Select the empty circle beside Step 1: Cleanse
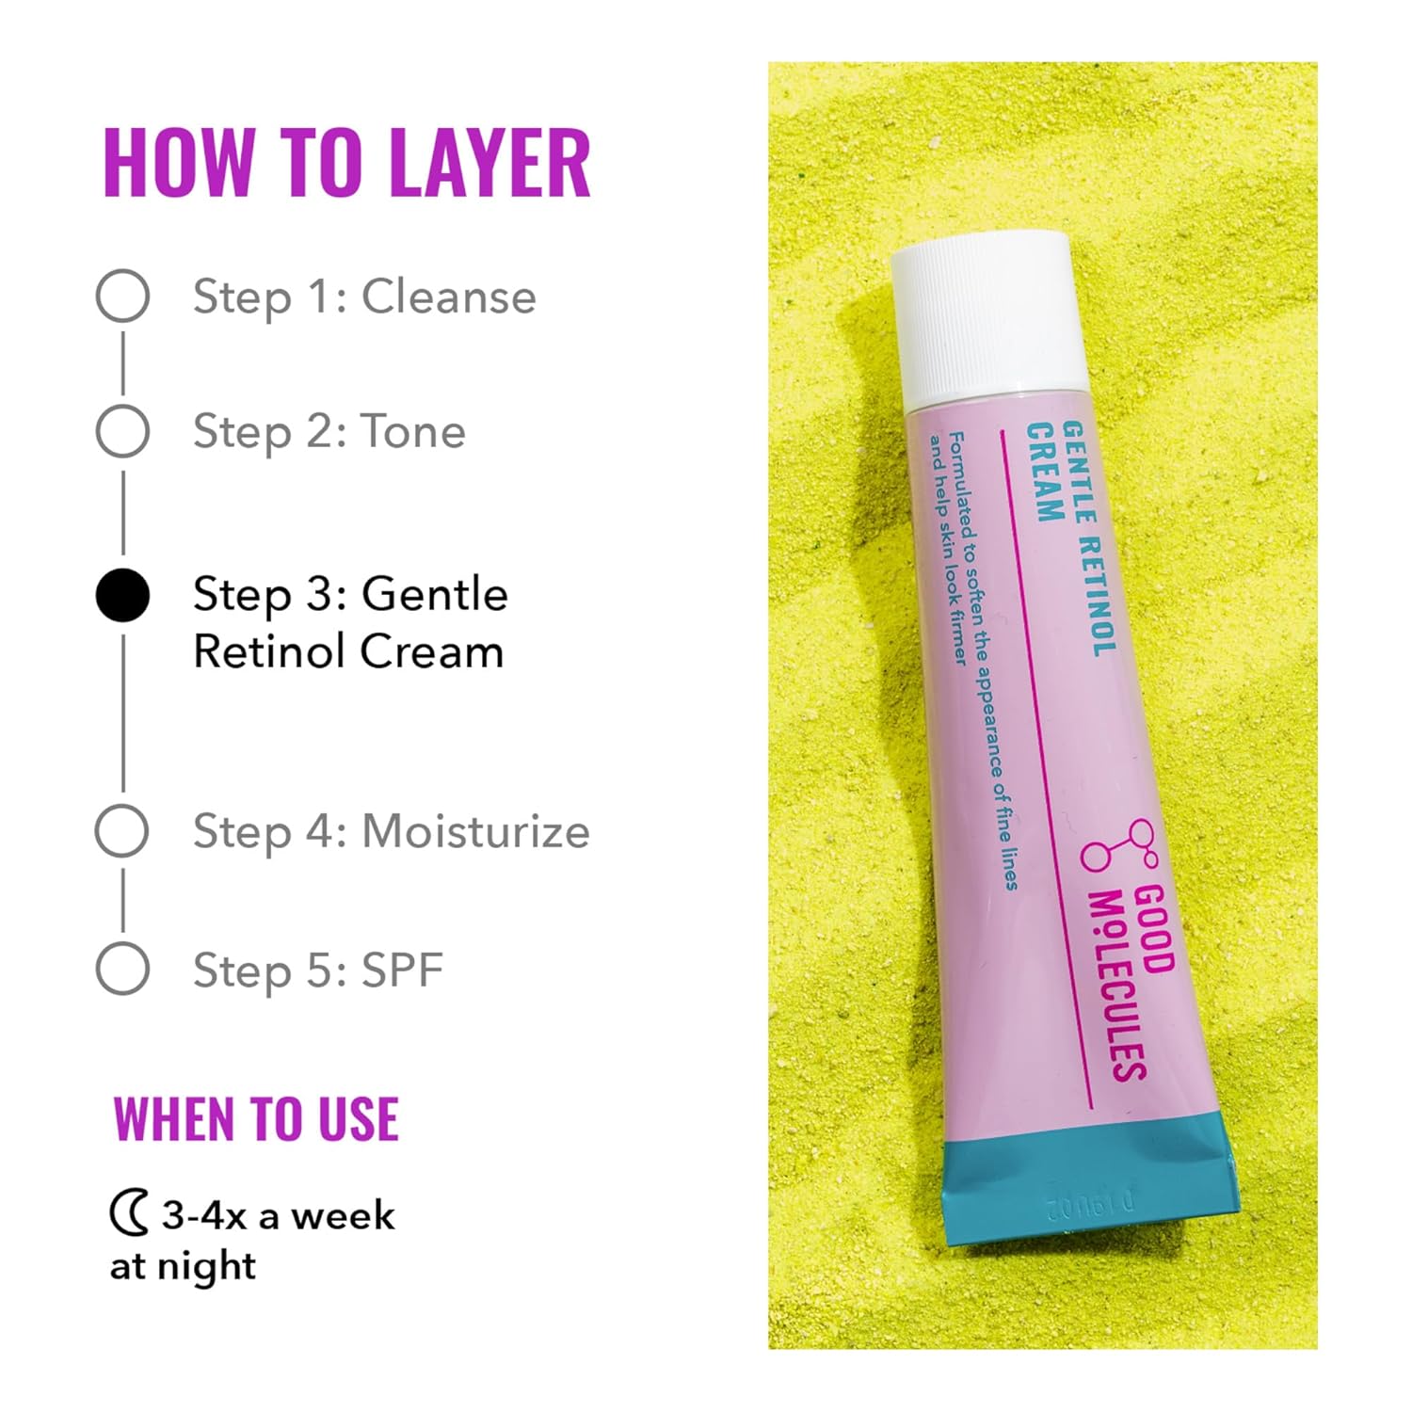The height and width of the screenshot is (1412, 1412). (x=122, y=296)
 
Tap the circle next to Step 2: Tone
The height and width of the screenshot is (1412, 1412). (x=122, y=431)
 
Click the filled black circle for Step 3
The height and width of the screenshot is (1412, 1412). (x=122, y=595)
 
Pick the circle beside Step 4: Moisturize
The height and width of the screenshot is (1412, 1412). (x=122, y=830)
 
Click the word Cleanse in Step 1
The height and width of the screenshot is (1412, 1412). (x=448, y=297)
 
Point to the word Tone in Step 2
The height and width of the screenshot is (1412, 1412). (x=413, y=432)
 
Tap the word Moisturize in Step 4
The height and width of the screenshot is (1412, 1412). (x=475, y=831)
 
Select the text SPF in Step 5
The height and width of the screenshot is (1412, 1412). (x=402, y=970)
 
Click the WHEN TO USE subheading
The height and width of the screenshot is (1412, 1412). (x=256, y=1119)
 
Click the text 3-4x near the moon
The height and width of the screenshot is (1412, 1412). (x=203, y=1215)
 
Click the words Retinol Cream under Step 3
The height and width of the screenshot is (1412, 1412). (x=348, y=651)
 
